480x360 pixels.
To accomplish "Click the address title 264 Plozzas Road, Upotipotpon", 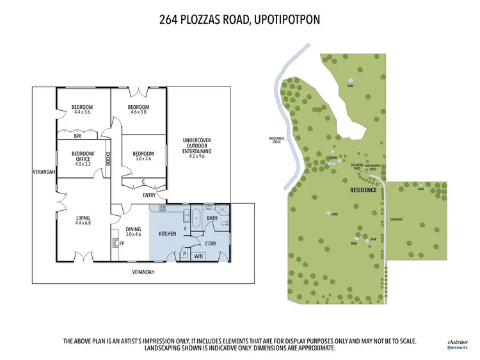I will [x=239, y=20].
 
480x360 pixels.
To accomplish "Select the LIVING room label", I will [x=83, y=218].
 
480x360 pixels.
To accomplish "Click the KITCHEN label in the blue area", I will [x=167, y=234].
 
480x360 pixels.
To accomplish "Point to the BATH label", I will [x=212, y=218].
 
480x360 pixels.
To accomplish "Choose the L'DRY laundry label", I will [x=211, y=244].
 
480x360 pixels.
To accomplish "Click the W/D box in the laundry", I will [x=198, y=256].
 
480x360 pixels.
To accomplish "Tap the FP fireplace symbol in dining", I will [x=122, y=243].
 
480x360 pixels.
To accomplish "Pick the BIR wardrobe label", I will [x=77, y=136].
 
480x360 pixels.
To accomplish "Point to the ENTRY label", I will [x=149, y=195].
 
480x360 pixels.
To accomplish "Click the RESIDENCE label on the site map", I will [x=362, y=191].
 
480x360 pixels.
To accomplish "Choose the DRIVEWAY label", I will [x=397, y=219].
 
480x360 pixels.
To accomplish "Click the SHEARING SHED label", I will [x=357, y=166].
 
